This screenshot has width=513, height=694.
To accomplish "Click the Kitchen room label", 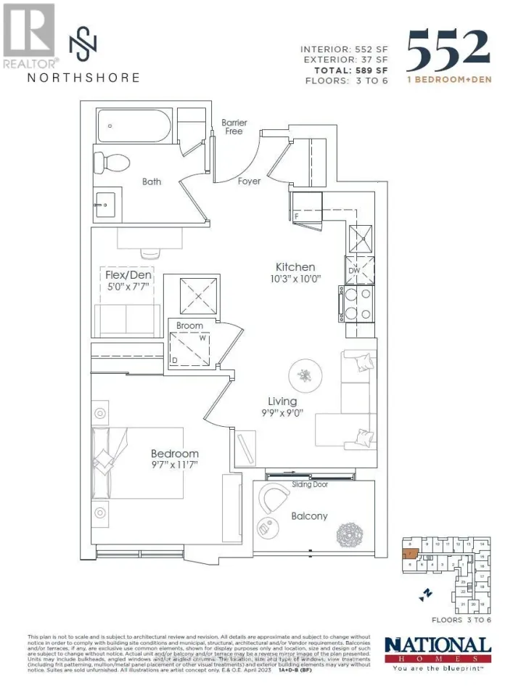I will (x=295, y=266).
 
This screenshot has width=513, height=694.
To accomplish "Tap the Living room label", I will (x=282, y=401).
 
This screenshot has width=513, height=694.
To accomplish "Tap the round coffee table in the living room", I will (x=303, y=375).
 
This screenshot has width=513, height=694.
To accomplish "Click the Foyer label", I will (x=249, y=181).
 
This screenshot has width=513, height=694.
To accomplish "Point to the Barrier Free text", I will (x=234, y=127).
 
